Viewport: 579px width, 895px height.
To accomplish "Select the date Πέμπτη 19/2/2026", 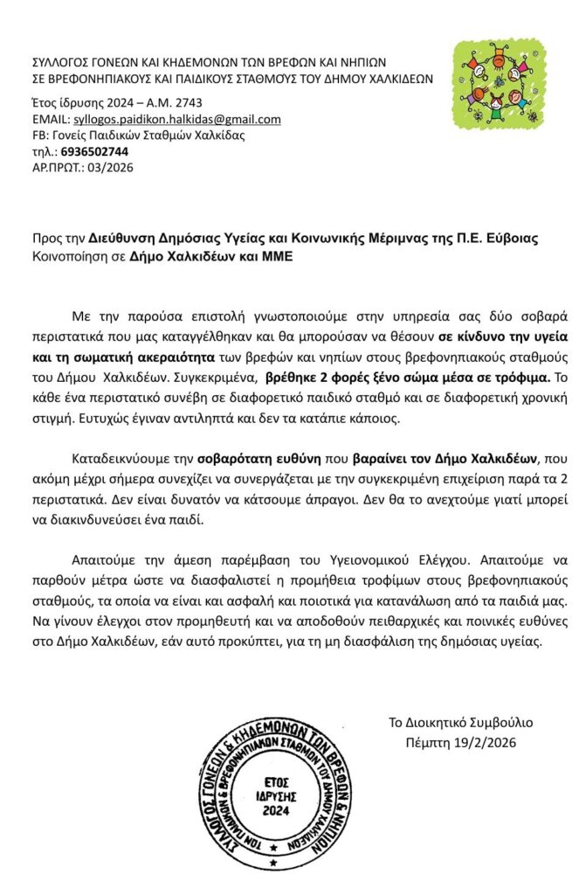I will click(461, 744).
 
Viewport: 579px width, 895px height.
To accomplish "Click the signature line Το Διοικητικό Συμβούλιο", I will click(461, 723).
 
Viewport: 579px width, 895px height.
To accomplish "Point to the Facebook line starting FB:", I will click(138, 135).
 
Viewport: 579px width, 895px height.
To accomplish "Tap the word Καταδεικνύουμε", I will click(117, 458).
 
